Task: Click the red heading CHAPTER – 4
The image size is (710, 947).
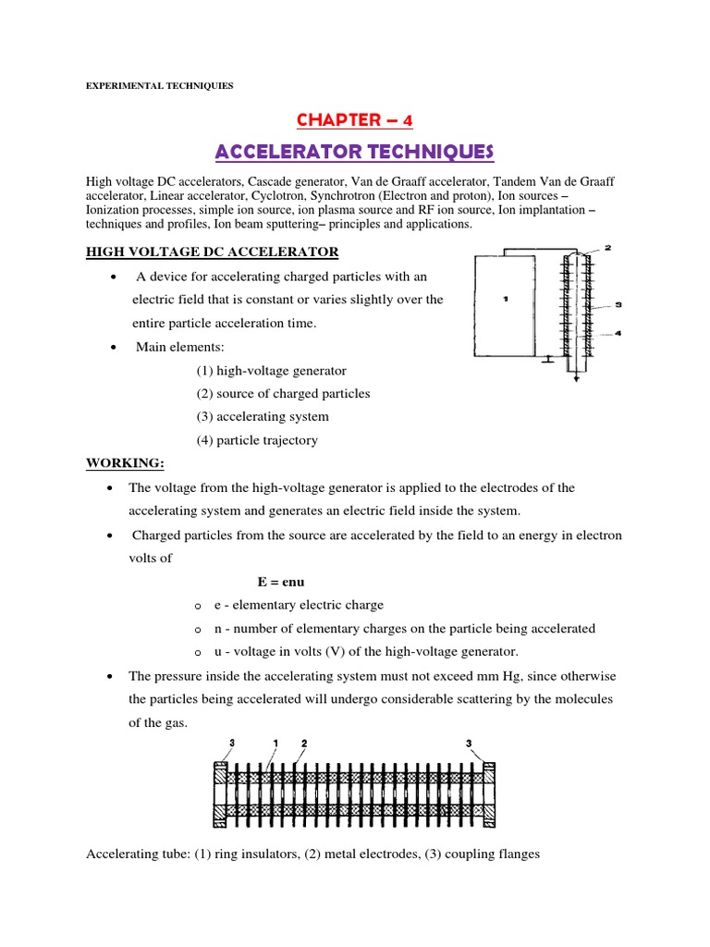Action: [355, 120]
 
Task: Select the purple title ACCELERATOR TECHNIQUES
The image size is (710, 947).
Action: [355, 151]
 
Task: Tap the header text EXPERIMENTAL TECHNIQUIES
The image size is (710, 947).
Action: [159, 86]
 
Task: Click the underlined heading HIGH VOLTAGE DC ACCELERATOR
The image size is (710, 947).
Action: [212, 252]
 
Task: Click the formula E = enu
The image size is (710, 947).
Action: [281, 583]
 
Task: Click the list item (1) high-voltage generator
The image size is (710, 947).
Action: [271, 370]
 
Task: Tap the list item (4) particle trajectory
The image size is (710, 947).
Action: [256, 440]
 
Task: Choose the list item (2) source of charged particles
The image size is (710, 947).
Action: [282, 393]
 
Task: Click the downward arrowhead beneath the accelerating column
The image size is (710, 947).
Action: [576, 377]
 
